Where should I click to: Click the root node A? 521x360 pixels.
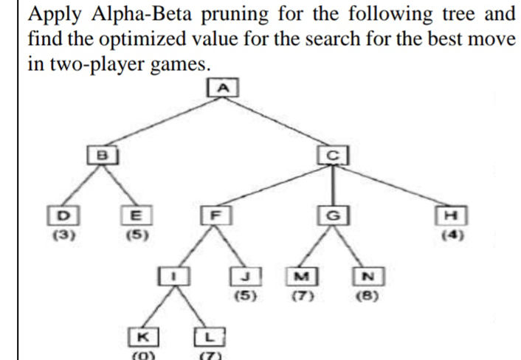[x=224, y=87]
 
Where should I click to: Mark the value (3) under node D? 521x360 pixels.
[x=63, y=237]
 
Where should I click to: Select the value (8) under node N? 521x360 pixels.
[x=365, y=297]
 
